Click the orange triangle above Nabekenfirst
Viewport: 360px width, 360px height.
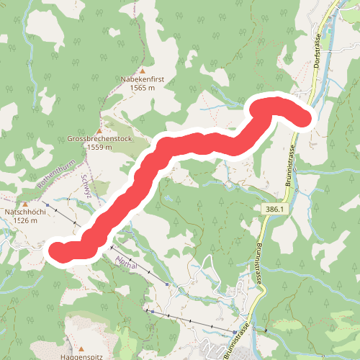tap(142, 71)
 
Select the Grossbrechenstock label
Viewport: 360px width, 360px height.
tap(99, 139)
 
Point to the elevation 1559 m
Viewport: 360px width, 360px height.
tap(99, 147)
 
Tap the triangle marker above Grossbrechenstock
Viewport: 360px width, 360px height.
tap(99, 130)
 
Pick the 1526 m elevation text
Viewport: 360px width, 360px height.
tap(26, 221)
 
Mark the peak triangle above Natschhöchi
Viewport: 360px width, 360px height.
tap(25, 204)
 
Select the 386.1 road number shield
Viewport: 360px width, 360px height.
tap(274, 209)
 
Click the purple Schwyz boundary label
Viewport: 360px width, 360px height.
tap(86, 185)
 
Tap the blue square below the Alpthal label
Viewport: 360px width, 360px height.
tap(166, 284)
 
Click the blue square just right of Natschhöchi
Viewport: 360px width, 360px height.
tap(47, 206)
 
